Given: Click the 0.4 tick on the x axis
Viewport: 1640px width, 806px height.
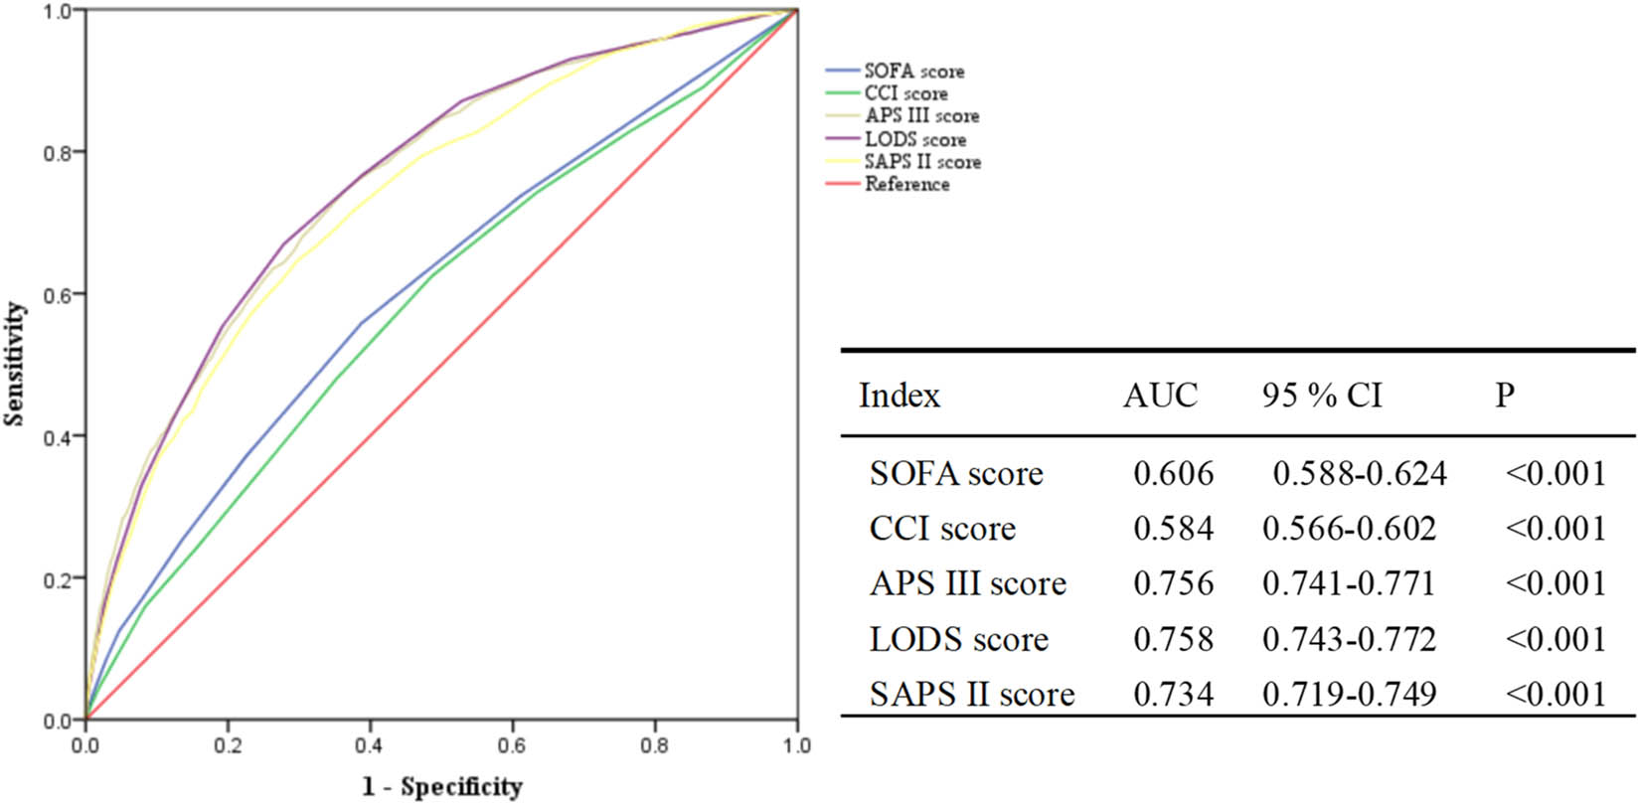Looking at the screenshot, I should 370,745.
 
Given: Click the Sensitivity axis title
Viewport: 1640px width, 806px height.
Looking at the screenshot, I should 14,365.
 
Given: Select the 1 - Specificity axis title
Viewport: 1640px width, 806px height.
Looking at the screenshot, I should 441,787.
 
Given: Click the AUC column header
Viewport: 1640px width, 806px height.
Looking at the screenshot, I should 1160,396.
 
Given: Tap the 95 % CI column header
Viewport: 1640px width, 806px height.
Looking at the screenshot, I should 1322,396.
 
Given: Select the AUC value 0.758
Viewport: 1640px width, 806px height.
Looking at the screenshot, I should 1173,639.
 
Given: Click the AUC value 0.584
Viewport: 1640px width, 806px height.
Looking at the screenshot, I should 1173,528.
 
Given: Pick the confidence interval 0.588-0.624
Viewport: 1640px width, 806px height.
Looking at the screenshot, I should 1359,473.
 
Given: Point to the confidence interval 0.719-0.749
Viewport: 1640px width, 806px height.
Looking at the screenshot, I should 1349,694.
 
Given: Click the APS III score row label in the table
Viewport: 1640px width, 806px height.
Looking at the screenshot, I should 967,583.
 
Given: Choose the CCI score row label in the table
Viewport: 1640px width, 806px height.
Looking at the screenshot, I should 942,528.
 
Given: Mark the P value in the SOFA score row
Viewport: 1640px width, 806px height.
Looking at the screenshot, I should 1556,473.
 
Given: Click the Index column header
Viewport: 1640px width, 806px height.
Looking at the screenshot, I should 899,396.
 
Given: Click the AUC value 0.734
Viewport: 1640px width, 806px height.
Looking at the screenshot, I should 1173,694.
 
